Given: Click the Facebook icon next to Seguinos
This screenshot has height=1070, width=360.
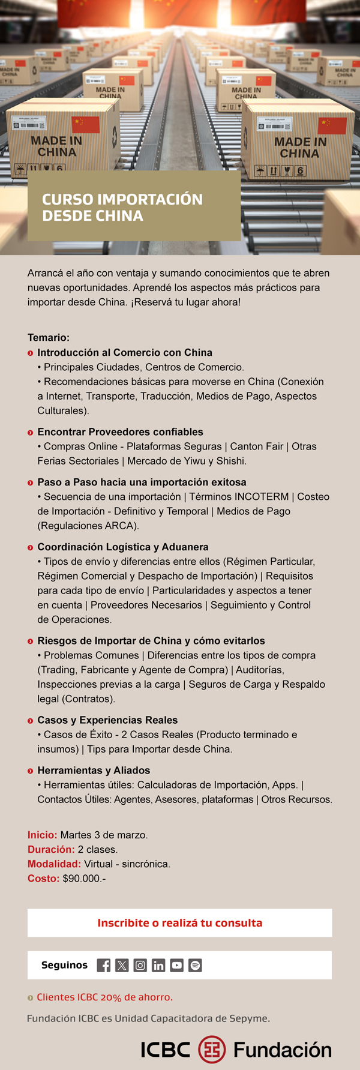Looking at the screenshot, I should click(x=103, y=965).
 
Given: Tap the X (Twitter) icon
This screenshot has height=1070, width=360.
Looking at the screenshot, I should click(x=122, y=965).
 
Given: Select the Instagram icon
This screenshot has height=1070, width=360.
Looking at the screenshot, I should click(x=140, y=965).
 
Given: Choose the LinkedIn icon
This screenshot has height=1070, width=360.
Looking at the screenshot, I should click(x=158, y=965).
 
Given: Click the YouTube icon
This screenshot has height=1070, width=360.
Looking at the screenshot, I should click(x=176, y=965).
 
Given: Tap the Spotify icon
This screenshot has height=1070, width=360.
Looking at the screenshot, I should click(x=195, y=965).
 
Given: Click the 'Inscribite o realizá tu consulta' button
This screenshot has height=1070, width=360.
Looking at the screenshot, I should click(x=179, y=923).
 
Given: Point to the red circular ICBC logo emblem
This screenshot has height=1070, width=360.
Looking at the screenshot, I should click(x=212, y=1049).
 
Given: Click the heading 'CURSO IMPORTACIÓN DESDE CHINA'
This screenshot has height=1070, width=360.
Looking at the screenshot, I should click(x=122, y=207).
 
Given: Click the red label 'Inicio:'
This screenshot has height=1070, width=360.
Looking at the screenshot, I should click(x=42, y=835).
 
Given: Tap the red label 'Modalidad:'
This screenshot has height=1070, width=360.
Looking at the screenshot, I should click(x=54, y=864).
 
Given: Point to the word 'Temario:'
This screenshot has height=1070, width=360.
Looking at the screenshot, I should click(x=49, y=337).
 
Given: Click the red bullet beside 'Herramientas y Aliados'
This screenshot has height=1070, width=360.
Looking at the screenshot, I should click(x=31, y=771).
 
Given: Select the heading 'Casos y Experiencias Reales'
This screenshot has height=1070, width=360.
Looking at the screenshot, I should click(x=107, y=720).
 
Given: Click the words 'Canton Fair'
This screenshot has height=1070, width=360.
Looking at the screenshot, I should click(x=256, y=446).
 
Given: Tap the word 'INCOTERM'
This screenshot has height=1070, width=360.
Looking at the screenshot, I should click(x=261, y=496).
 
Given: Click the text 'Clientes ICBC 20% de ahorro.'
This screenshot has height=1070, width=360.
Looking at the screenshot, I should click(x=104, y=997).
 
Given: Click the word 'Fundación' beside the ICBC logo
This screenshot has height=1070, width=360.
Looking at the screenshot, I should click(x=282, y=1050).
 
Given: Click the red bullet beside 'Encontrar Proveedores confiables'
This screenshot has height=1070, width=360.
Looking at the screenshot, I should click(x=31, y=432).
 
